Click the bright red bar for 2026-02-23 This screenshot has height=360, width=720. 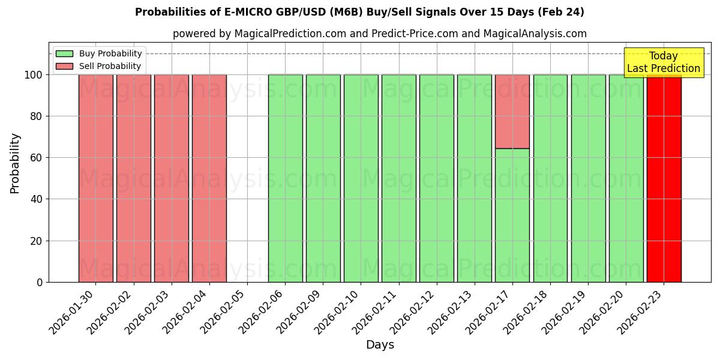664,180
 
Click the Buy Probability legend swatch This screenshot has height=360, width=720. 64,54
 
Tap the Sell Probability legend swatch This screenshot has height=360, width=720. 64,67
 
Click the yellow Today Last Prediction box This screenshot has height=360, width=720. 663,62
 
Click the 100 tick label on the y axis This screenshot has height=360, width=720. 33,75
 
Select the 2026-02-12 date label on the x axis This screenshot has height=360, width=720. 415,312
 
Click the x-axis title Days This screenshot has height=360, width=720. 380,345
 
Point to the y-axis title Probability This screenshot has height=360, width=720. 15,163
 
